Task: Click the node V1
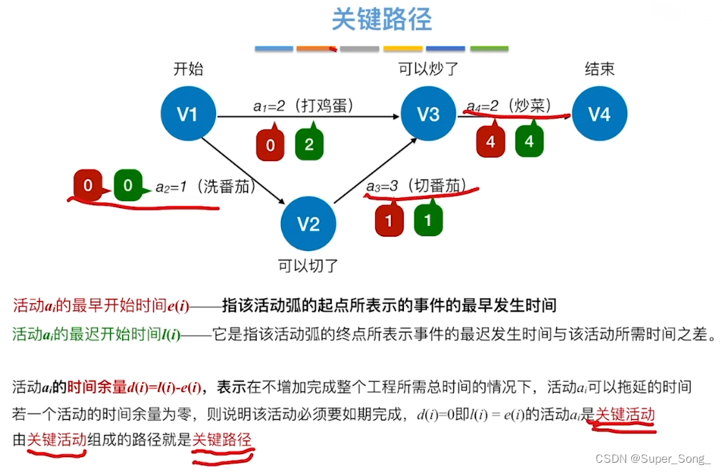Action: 187,114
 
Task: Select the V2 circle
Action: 308,225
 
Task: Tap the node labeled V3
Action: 427,114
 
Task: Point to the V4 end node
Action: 599,114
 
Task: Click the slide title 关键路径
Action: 382,19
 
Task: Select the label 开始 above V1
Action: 188,69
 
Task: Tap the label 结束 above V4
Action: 599,69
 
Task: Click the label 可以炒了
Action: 428,69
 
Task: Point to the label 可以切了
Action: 308,266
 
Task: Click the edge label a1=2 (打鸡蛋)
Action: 303,106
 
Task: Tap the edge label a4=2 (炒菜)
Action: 508,106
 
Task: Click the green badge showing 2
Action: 309,144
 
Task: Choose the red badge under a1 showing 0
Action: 270,145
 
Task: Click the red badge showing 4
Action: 490,142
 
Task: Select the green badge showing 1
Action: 427,220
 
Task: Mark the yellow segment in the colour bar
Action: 402,49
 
